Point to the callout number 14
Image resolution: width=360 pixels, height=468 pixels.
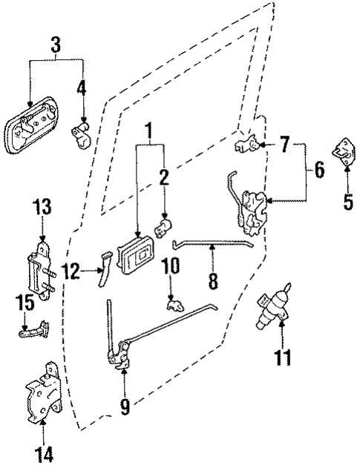click(43, 452)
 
